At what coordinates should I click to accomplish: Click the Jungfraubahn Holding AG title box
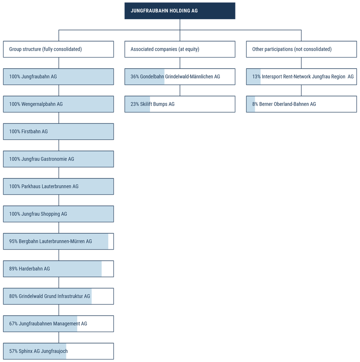click(180, 11)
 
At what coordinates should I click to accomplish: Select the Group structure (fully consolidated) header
click(58, 49)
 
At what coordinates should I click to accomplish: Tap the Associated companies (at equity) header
click(180, 49)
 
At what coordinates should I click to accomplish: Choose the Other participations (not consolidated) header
click(301, 49)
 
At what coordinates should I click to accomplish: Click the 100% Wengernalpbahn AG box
click(58, 104)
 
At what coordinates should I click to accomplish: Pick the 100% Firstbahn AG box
click(58, 132)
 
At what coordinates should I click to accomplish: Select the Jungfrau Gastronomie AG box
click(58, 159)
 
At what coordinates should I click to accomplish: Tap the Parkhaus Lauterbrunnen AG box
click(58, 186)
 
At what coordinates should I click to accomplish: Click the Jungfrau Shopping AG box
click(58, 214)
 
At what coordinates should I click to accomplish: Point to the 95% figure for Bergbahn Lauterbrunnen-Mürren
click(13, 242)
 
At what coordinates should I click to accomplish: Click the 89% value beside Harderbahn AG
click(13, 269)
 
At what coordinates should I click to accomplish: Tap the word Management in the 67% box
click(66, 324)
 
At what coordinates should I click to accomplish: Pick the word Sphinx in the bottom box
click(25, 351)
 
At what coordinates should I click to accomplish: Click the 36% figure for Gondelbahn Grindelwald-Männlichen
click(135, 77)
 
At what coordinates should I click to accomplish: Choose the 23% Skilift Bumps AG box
click(180, 104)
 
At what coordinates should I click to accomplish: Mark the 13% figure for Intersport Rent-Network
click(256, 77)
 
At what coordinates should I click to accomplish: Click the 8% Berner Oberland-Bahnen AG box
click(301, 104)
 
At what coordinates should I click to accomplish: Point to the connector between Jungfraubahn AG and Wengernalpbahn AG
click(58, 90)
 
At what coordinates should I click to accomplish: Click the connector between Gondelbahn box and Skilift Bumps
click(180, 90)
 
